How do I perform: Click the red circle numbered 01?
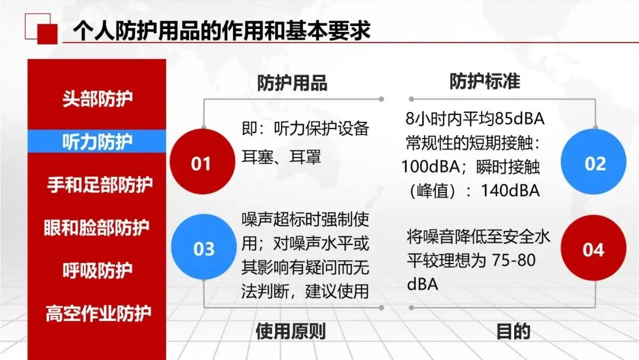point(202,162)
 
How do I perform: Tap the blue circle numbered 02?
point(593,162)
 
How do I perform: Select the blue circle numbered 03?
point(204,247)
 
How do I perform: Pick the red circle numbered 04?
point(593,248)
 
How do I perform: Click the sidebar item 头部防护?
point(98,99)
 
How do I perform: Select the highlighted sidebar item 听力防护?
point(98,142)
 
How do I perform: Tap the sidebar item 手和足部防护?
point(100,185)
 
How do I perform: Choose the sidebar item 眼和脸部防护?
point(96,227)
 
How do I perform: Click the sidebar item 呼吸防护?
point(98,271)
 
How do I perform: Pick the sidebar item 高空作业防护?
point(98,313)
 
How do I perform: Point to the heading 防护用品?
point(292,83)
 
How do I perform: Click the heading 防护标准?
point(485,81)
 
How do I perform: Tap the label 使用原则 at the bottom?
point(291,332)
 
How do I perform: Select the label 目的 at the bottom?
point(514,332)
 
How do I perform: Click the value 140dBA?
point(510,191)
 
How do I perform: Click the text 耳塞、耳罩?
point(281,156)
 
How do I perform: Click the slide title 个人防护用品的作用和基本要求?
point(222,31)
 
